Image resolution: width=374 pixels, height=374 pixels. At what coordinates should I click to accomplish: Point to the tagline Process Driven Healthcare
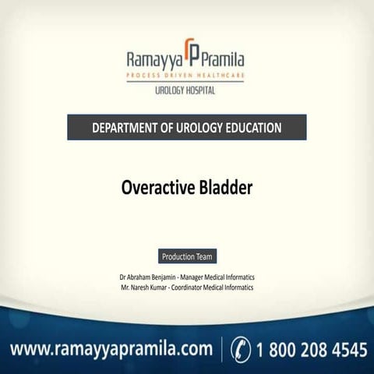click(x=187, y=76)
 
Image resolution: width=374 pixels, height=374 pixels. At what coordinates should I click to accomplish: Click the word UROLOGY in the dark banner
click(x=192, y=127)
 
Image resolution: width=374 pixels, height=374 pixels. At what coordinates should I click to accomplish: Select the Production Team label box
click(x=187, y=256)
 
